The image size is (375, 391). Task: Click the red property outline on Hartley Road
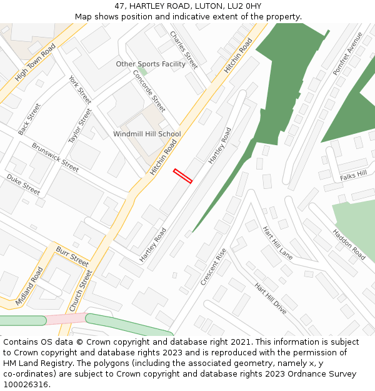pos(182,176)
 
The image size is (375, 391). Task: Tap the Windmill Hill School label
pos(147,134)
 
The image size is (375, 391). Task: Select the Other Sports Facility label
pos(151,64)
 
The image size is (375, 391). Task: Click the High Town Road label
pos(35,63)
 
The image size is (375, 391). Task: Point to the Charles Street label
pos(184,50)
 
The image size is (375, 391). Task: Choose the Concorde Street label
pos(149,91)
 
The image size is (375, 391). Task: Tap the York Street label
pos(80,90)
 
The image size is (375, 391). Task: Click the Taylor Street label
pos(80,125)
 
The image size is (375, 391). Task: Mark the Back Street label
pos(29,119)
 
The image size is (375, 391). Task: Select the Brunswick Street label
pos(56,157)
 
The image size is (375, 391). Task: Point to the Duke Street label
pos(23,185)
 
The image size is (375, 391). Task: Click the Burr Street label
pos(72,256)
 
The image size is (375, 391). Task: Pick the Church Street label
pos(81,291)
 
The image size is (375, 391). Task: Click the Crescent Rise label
pos(214,267)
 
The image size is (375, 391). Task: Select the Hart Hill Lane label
pos(277,243)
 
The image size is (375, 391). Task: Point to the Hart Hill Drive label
pos(271,298)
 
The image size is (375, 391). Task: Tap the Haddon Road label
pos(349,244)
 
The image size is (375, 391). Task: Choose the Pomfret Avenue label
pos(347,54)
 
